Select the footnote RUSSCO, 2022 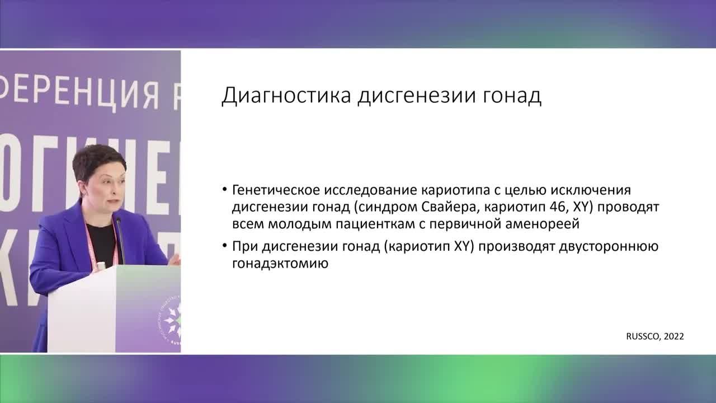point(654,336)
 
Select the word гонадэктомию point(280,263)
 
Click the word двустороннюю point(608,246)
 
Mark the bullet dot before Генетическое point(224,190)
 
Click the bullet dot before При point(224,247)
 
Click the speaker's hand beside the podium point(175,259)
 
